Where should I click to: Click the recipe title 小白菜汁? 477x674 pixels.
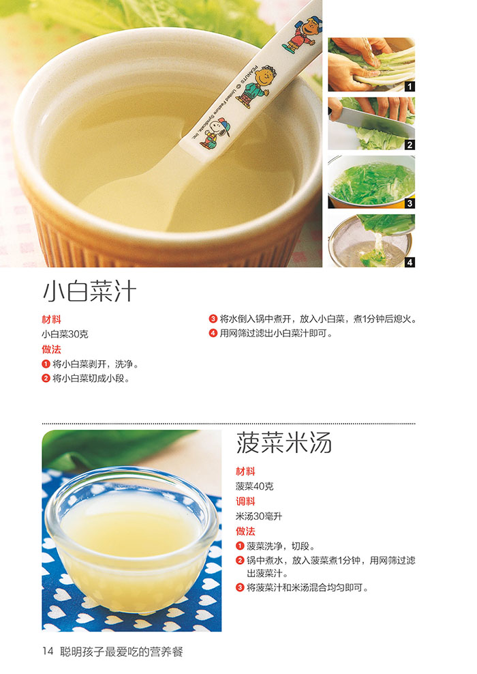89,291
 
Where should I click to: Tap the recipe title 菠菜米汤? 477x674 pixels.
283,443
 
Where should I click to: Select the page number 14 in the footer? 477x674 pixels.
48,651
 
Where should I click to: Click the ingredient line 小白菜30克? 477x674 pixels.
65,334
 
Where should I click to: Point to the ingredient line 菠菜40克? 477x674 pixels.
255,486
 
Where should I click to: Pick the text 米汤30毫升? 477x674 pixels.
259,516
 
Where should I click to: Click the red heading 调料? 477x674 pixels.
245,501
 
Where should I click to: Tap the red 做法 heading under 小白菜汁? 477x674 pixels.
51,349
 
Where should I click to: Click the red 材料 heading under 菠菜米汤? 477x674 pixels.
245,471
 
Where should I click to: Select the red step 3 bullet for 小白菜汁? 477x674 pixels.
213,319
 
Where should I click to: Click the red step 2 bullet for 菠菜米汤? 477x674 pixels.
240,561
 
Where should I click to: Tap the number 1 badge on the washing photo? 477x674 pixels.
410,87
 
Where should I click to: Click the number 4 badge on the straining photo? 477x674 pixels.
410,262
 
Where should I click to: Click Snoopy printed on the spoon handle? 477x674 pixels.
214,133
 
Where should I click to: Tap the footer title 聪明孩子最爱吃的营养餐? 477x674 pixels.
121,651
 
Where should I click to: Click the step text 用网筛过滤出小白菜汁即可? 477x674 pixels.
276,333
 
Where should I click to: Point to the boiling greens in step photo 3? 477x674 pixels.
373,183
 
